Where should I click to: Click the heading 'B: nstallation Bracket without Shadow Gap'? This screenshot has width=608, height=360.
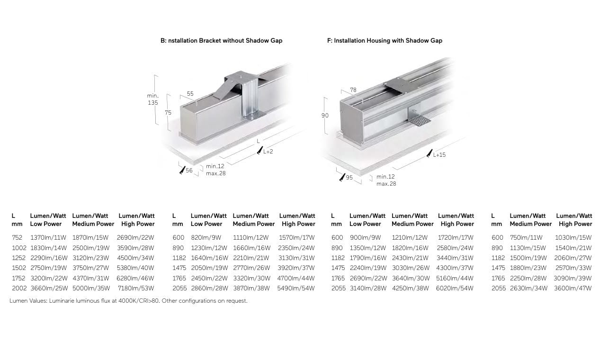click(x=221, y=41)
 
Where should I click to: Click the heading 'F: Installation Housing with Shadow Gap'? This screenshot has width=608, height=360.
click(x=384, y=41)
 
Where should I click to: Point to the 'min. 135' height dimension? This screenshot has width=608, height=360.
click(x=152, y=99)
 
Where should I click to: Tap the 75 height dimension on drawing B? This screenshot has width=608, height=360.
click(x=168, y=113)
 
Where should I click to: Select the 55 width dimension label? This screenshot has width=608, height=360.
click(x=190, y=94)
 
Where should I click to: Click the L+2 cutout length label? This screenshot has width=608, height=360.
click(x=268, y=152)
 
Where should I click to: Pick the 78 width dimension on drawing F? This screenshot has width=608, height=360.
click(x=353, y=90)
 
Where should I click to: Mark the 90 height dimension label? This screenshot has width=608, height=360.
click(x=325, y=116)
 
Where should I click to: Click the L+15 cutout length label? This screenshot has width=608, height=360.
click(x=439, y=155)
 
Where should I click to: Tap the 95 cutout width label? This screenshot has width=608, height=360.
click(x=349, y=178)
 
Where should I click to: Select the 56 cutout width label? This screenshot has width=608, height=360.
click(x=189, y=171)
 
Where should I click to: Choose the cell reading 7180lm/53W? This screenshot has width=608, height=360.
click(x=136, y=288)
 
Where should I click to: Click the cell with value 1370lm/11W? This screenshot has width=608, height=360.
click(x=48, y=237)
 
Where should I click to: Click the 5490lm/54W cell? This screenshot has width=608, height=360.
click(x=297, y=288)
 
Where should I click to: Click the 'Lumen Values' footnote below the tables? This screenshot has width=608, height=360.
click(x=128, y=301)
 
